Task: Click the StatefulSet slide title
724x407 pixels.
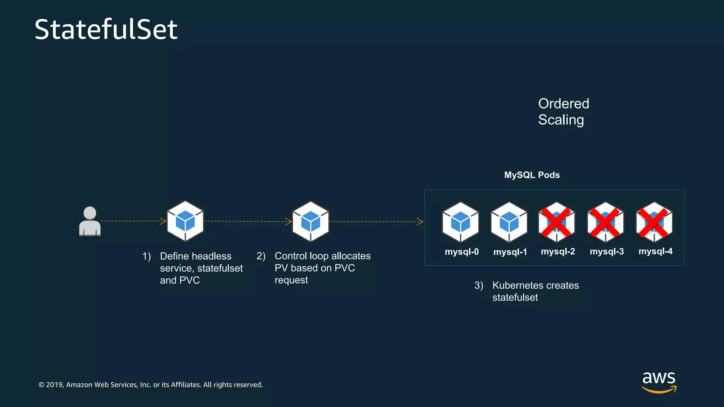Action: point(106,29)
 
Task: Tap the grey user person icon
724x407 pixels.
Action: point(90,221)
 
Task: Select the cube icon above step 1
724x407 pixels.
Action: point(185,221)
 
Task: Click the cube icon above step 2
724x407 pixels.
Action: point(310,222)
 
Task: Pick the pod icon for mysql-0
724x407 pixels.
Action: point(461,222)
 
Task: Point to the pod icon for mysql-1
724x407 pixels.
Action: point(509,222)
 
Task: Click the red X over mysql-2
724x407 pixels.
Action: point(556,222)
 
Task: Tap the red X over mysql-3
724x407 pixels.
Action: point(605,222)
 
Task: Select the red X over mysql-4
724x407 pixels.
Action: point(654,222)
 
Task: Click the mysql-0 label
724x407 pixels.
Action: point(462,252)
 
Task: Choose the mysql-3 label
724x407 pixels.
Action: point(607,252)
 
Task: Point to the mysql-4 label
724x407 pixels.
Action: point(655,251)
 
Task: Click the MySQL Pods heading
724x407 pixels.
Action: point(532,175)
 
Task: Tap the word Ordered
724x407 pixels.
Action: point(564,104)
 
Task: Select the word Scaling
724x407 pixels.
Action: point(561,120)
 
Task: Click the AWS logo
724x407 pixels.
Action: point(659,382)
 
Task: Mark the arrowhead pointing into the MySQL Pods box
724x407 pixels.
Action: point(420,222)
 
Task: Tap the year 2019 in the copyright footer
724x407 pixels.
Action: point(54,385)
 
